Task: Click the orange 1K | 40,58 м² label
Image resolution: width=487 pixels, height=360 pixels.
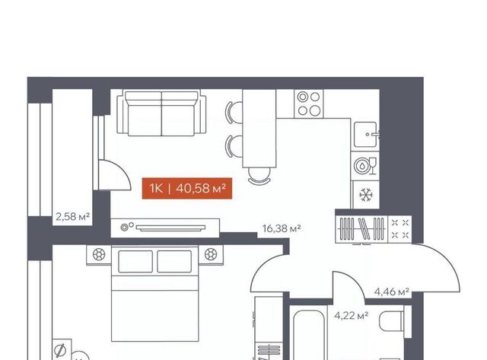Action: point(187,188)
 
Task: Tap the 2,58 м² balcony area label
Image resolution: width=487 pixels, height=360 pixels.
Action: point(73,216)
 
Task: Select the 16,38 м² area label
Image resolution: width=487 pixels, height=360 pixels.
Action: point(282,228)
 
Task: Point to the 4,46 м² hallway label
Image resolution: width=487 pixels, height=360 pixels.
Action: point(391,292)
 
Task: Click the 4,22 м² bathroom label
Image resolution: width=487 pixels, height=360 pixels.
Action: point(352,316)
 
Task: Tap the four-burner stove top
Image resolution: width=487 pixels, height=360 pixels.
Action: point(309,104)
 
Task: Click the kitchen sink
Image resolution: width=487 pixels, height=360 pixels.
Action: point(367,135)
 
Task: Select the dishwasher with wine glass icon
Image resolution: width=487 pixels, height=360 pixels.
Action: point(365,166)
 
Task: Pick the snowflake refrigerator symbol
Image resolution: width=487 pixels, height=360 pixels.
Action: point(366,195)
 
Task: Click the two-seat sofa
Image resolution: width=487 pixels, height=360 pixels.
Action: point(161,113)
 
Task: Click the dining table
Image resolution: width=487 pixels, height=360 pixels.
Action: point(259,129)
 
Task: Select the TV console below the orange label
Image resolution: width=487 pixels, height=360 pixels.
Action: point(165,228)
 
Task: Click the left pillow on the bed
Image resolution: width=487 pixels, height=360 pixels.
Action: point(135,262)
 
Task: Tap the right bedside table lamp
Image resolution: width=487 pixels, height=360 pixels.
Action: point(211,255)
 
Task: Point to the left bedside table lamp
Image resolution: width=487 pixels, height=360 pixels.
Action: point(99,255)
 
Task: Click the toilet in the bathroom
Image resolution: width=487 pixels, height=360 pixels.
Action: point(393,321)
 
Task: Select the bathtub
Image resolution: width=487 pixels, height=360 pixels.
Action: point(308,335)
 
